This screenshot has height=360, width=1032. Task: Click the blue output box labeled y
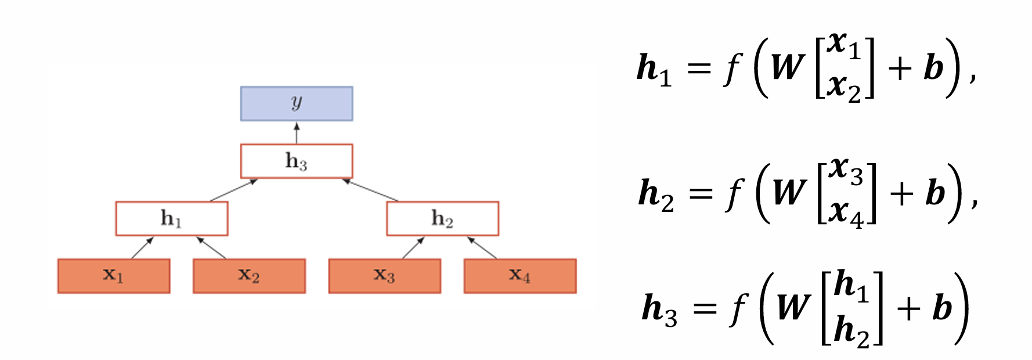click(x=297, y=103)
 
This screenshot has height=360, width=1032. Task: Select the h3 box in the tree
click(x=297, y=161)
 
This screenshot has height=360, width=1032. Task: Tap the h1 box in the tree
click(x=172, y=218)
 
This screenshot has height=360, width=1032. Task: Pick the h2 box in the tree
click(x=442, y=218)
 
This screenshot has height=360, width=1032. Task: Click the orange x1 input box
click(x=114, y=276)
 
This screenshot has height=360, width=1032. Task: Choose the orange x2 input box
click(x=249, y=276)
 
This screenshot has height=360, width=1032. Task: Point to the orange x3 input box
click(x=384, y=276)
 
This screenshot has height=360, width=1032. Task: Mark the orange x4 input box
click(x=520, y=276)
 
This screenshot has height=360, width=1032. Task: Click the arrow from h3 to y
click(x=297, y=133)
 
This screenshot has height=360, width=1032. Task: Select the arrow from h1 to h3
click(x=233, y=190)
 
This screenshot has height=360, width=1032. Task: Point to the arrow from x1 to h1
click(x=142, y=248)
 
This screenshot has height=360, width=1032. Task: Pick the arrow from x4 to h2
click(x=482, y=248)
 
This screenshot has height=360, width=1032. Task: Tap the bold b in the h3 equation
click(x=942, y=307)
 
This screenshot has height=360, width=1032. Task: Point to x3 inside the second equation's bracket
click(x=846, y=170)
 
